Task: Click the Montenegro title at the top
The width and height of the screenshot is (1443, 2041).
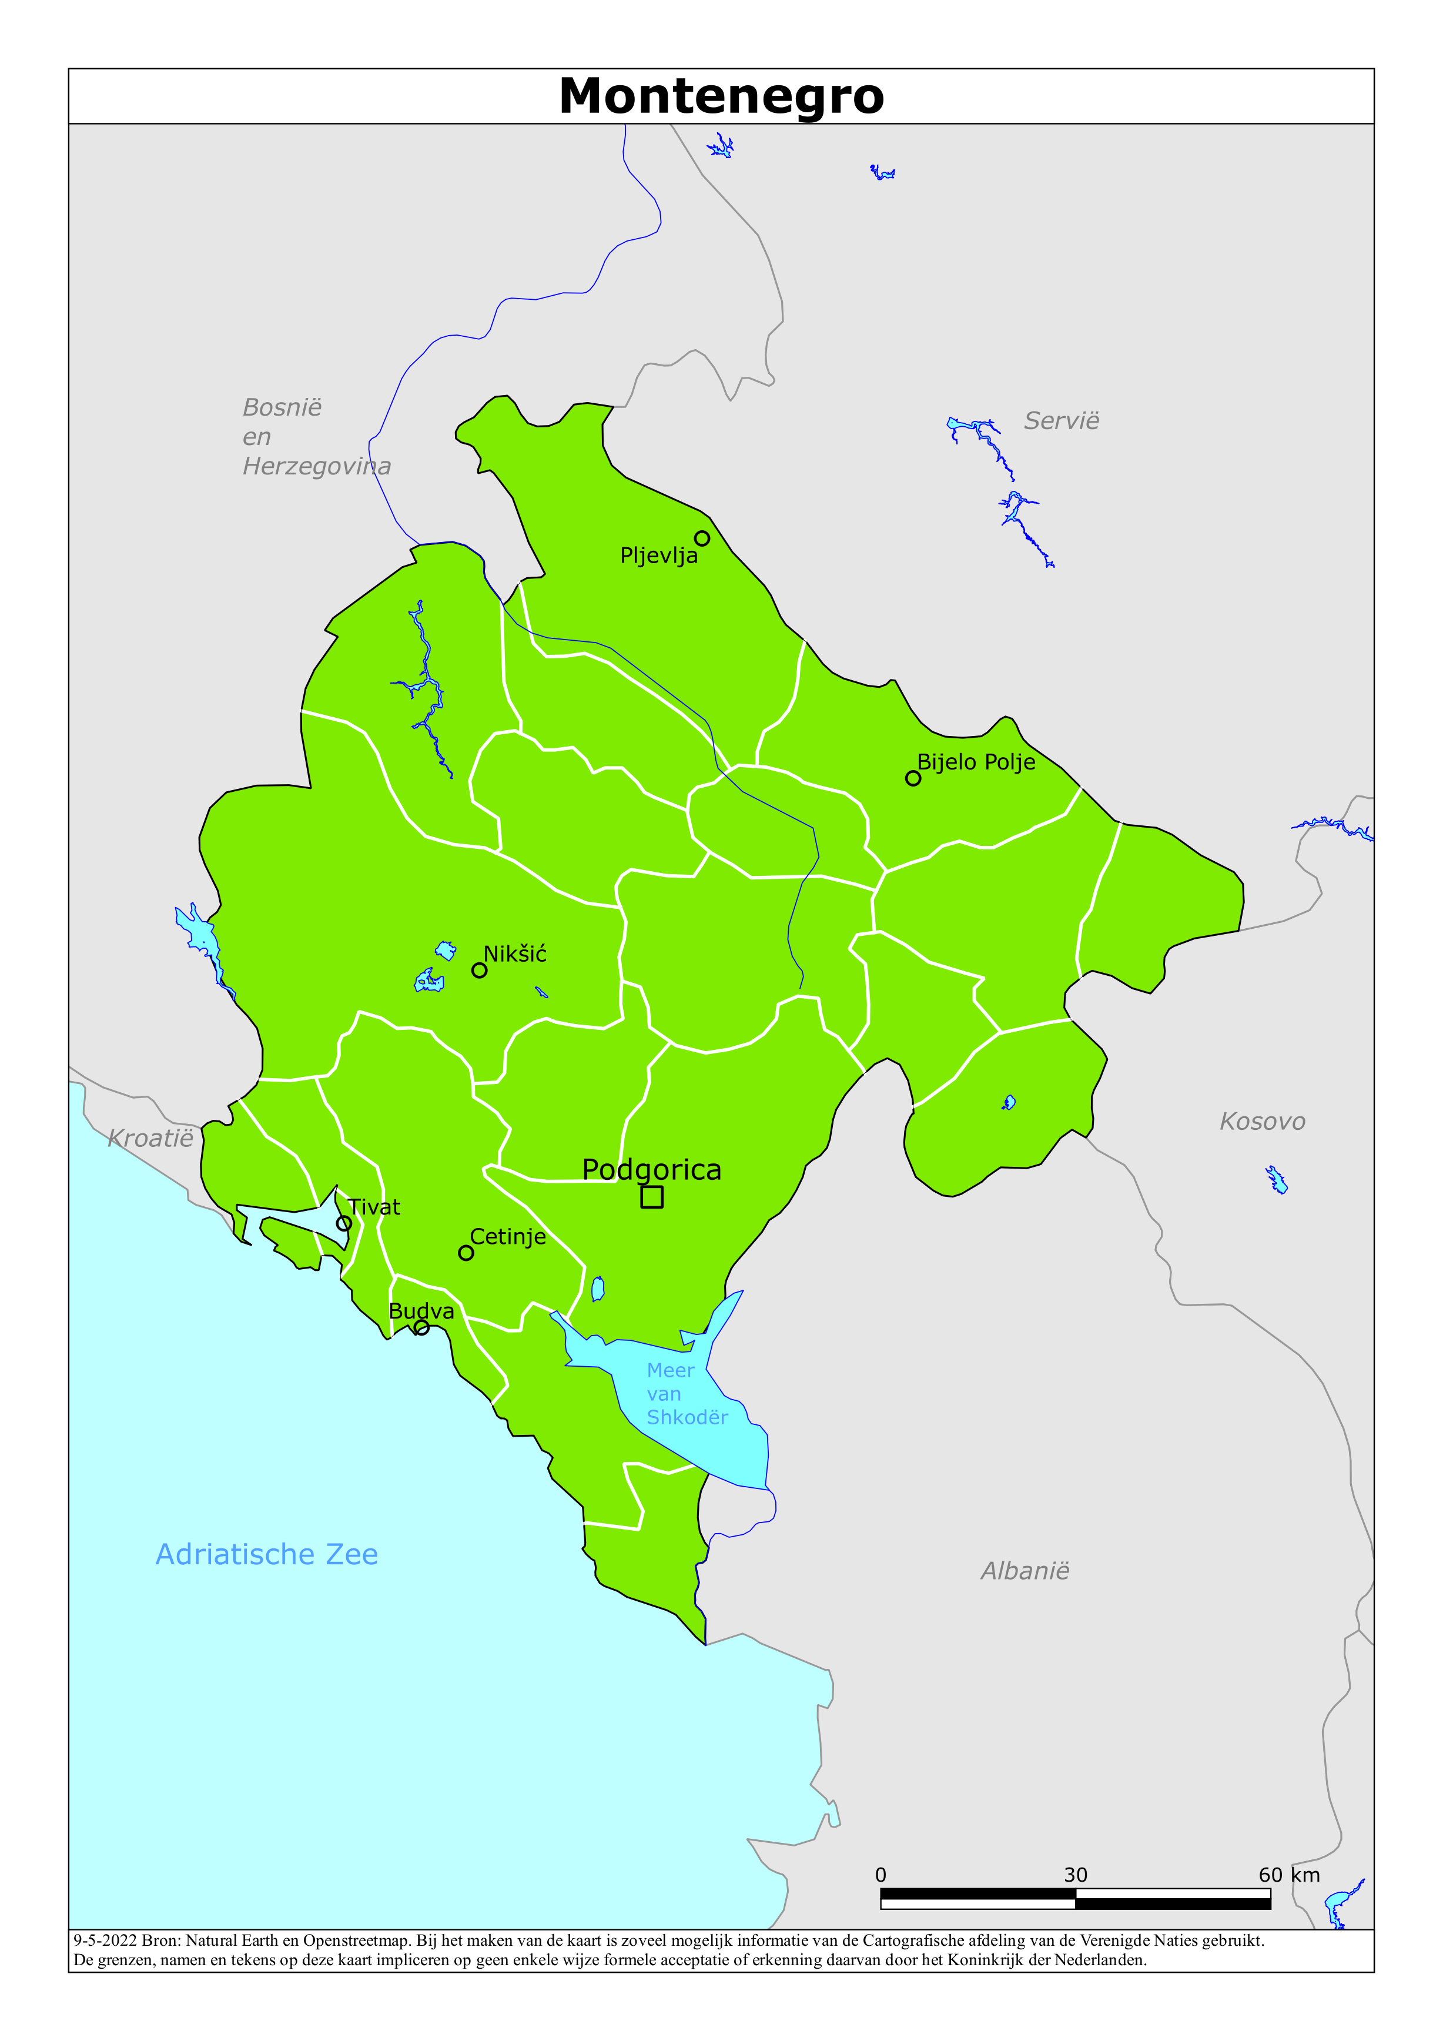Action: [721, 96]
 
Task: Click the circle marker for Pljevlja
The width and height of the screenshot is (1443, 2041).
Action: [701, 538]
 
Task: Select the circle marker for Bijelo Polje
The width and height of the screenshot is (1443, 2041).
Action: [912, 778]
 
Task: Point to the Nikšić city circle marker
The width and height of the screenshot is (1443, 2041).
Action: [479, 970]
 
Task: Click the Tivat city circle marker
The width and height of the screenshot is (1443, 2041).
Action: [344, 1223]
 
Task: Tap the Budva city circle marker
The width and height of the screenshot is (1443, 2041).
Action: [422, 1327]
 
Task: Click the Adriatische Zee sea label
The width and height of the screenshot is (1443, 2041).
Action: [267, 1554]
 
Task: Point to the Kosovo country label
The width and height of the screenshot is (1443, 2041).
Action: [1261, 1122]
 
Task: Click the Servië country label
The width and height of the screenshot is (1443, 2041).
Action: [1061, 420]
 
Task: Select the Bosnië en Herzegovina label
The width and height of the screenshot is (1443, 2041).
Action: [316, 436]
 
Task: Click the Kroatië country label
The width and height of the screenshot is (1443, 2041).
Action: [150, 1138]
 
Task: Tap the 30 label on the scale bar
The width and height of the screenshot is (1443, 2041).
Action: [1075, 1875]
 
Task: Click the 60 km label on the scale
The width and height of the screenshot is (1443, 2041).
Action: [1288, 1875]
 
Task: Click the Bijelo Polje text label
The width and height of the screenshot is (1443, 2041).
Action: [975, 762]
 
